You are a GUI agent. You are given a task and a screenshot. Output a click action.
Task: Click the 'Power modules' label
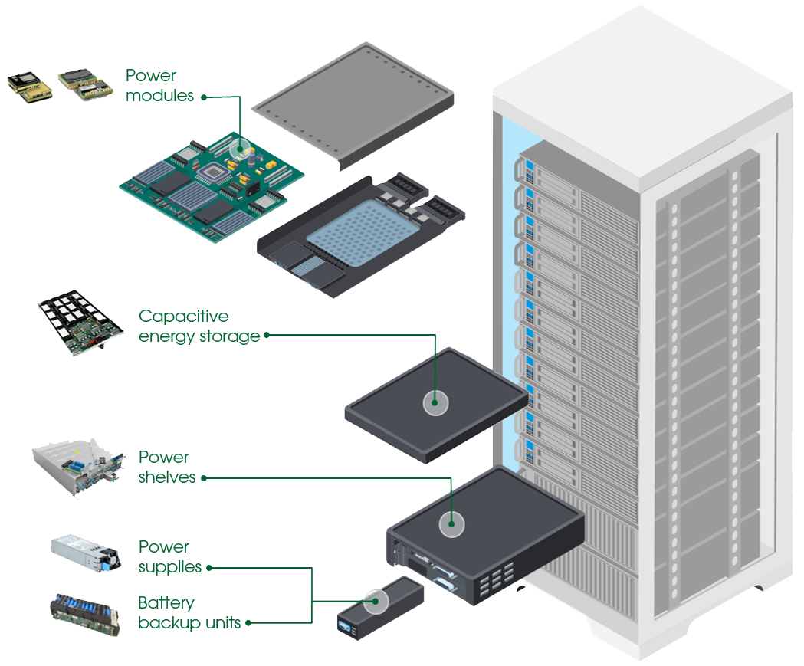click(159, 86)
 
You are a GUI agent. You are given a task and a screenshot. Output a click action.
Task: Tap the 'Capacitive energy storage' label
click(199, 326)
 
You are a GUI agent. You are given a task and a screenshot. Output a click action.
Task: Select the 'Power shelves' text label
click(167, 467)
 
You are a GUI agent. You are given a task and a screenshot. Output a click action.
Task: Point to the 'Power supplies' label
click(169, 557)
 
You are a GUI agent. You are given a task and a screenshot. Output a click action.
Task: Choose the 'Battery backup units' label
click(189, 612)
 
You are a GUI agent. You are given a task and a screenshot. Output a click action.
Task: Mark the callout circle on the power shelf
click(451, 524)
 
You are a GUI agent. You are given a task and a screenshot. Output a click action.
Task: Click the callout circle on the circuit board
click(241, 149)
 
